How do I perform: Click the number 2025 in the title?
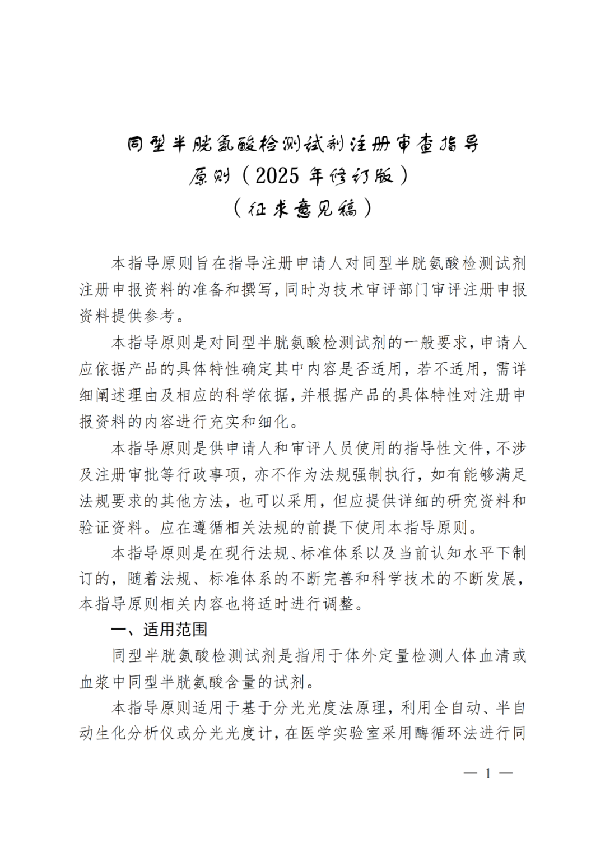coord(277,176)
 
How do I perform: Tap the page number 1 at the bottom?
coord(488,774)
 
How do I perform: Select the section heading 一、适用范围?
coord(159,629)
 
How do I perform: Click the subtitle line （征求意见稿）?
coord(302,209)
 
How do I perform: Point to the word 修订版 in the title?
coord(361,176)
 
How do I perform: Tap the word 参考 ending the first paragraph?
coord(159,316)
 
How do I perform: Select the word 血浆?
coord(95,682)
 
